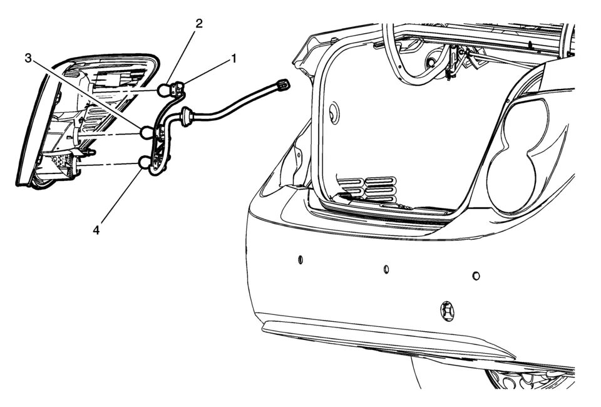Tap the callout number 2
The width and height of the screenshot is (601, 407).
(x=199, y=24)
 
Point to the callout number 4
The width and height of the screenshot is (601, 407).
(x=96, y=230)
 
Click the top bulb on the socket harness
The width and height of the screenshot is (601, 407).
(x=165, y=90)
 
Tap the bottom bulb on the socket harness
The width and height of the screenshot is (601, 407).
(x=146, y=164)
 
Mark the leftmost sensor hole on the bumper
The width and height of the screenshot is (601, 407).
(x=300, y=259)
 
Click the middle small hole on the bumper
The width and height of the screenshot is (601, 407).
(x=386, y=270)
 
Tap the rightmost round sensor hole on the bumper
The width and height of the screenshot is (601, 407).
(x=476, y=276)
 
